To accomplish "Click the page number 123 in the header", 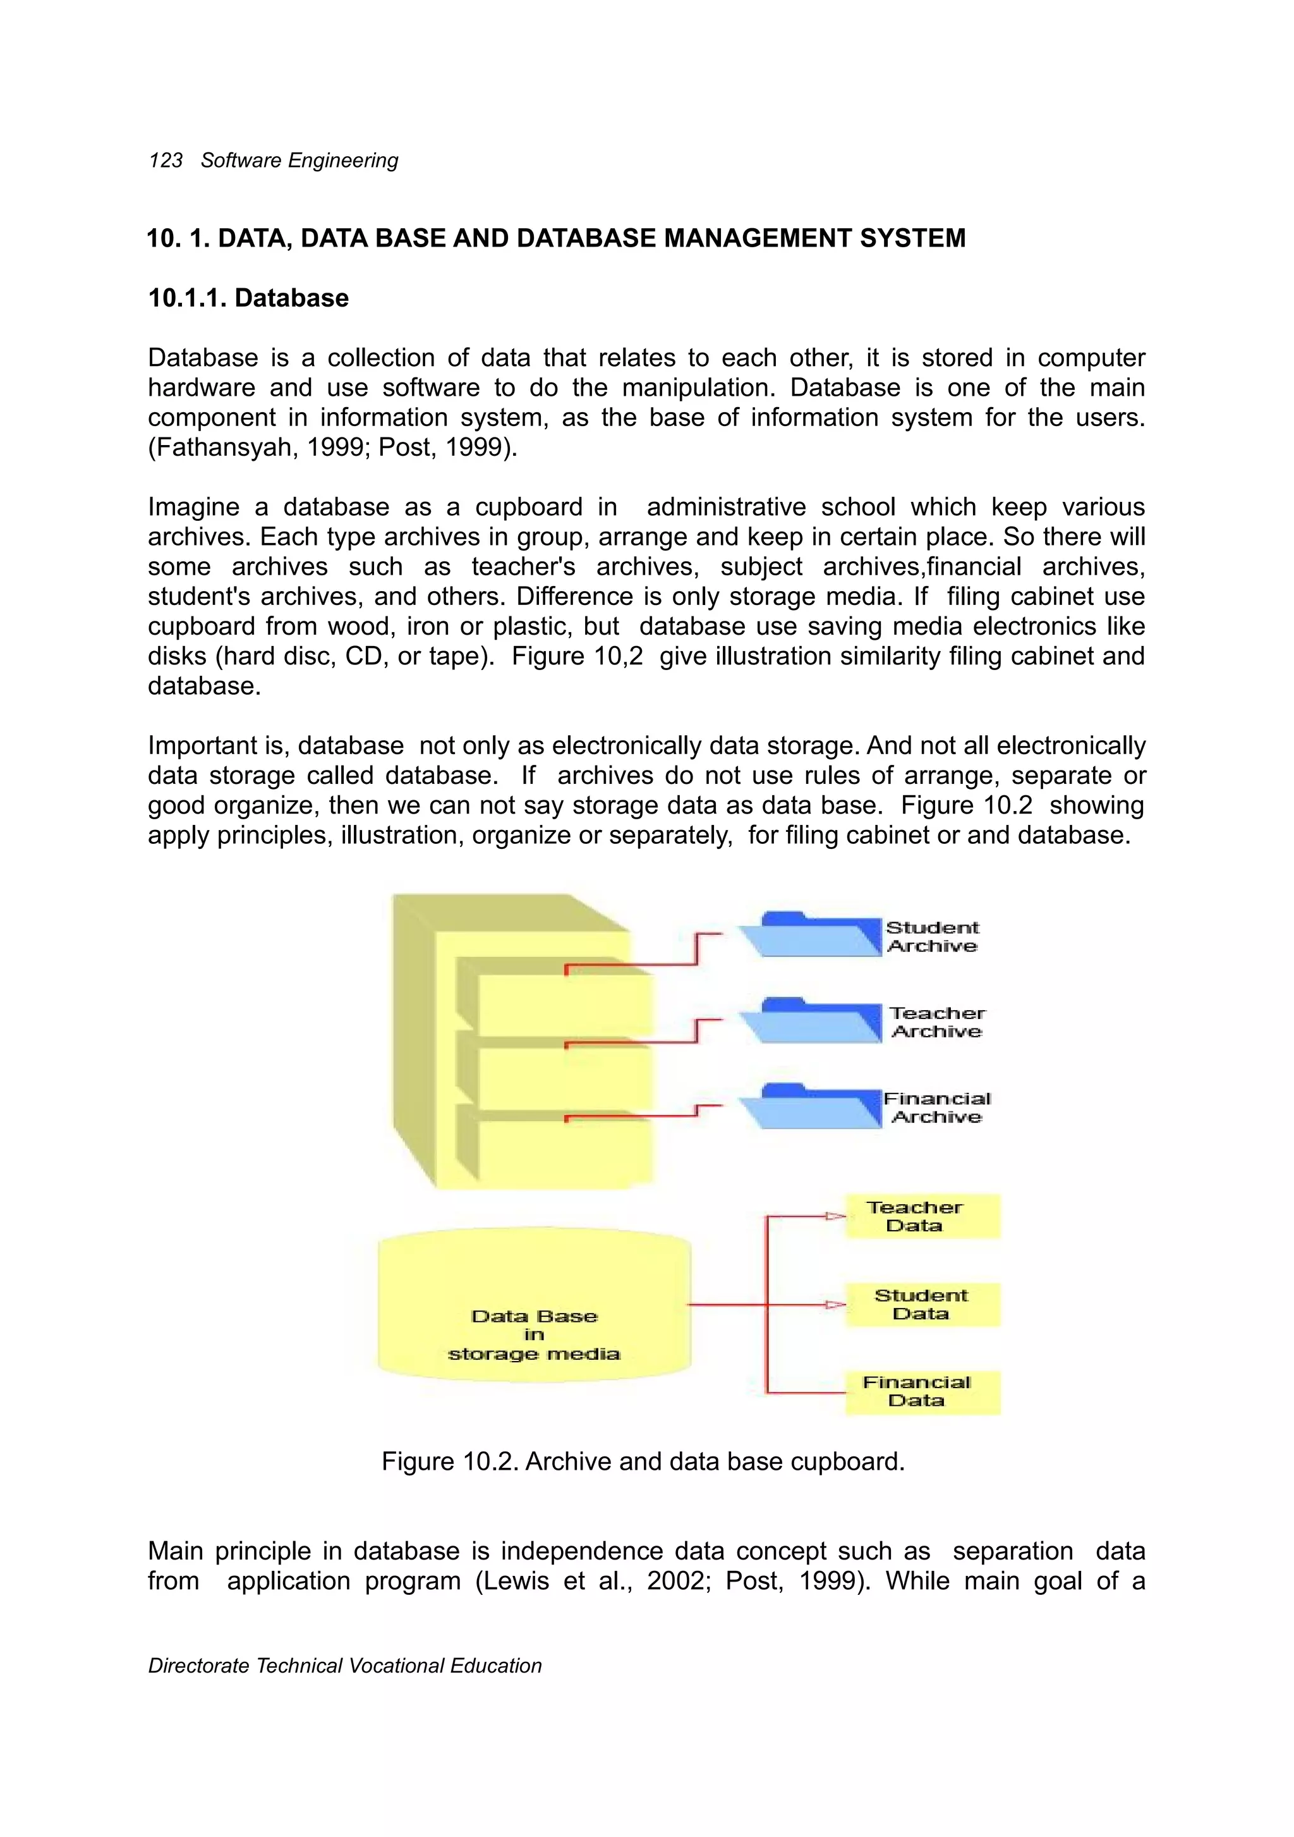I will click(x=166, y=161).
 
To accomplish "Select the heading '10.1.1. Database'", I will click(x=248, y=298).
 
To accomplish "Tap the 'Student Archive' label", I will click(x=933, y=937).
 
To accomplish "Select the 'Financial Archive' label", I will click(x=936, y=1108).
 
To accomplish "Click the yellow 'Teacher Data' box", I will click(x=922, y=1216).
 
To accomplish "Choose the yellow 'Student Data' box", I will click(x=922, y=1304).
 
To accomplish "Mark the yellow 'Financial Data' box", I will click(x=922, y=1391).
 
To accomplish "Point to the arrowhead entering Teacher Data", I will click(x=836, y=1216).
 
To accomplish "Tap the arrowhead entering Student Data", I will click(x=836, y=1304).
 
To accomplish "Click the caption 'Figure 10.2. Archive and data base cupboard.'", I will click(x=643, y=1462).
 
